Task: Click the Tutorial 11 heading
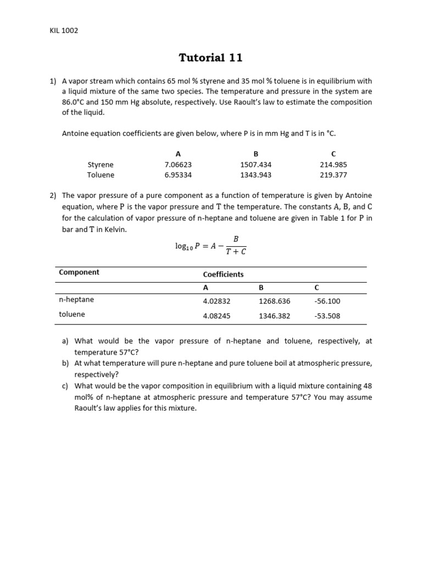(210, 58)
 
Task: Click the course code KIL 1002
(64, 30)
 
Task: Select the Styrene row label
(101, 164)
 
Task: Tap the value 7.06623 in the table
(178, 164)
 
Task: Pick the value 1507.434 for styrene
(256, 164)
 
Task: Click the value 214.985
(333, 164)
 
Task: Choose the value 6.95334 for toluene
(178, 175)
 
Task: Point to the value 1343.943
(256, 175)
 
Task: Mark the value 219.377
(333, 175)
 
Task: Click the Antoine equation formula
(210, 246)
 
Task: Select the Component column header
(79, 272)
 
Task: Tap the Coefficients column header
(223, 274)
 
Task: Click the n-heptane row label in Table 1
(76, 300)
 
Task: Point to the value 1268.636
(274, 301)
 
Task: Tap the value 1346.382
(274, 316)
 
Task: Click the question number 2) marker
(53, 195)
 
